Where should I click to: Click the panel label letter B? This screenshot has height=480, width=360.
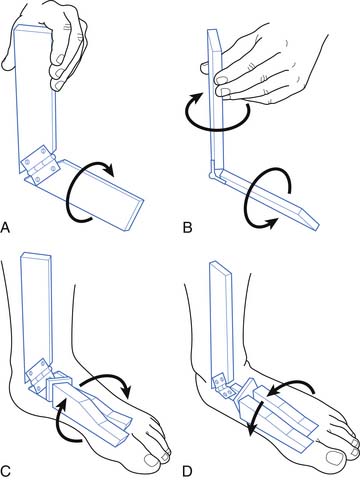coord(188,228)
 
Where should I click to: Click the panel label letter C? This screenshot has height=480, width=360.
coord(5,471)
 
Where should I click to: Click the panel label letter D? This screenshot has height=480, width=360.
coord(188,472)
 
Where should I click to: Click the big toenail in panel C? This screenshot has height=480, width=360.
coord(152,461)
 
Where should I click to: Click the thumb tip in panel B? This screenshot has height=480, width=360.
coord(205,68)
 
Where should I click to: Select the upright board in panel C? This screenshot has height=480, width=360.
coord(37,317)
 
